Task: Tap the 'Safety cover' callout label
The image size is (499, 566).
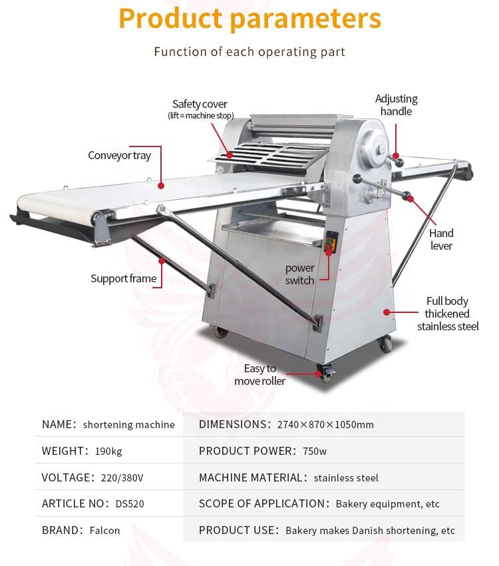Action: point(200,105)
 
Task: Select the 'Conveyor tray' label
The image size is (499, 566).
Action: point(120,156)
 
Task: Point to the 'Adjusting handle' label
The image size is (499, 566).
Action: point(397,105)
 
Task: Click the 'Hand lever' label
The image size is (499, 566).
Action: point(441,240)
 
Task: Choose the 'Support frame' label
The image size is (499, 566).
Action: point(124,278)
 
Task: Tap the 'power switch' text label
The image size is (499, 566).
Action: point(300,274)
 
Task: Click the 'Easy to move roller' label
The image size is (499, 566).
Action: point(259,375)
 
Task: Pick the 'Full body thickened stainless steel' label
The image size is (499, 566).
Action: point(448,314)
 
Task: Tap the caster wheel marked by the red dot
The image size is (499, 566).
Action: point(326,374)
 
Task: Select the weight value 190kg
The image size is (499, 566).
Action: point(108,451)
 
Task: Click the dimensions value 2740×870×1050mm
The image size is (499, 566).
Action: point(325,425)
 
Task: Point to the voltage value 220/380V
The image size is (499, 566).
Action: point(122,477)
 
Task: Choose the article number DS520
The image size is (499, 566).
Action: point(130,504)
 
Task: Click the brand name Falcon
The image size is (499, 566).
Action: point(104,531)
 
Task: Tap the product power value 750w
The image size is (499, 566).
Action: point(315,451)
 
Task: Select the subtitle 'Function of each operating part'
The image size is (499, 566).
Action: point(249,52)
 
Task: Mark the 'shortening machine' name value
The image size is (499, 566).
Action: point(129,425)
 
